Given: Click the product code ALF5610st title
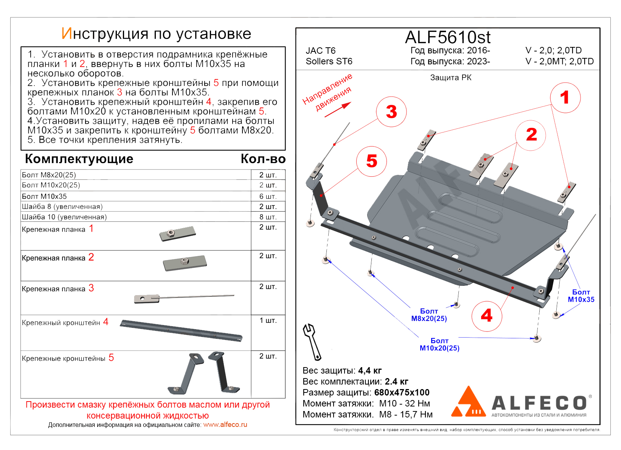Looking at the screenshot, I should tap(447, 37).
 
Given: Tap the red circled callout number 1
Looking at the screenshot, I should tap(565, 98).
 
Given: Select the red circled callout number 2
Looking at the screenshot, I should tap(531, 135).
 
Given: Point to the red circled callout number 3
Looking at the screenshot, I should tap(391, 112).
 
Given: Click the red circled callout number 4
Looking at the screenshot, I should tap(487, 316).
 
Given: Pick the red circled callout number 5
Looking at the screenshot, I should tap(372, 161).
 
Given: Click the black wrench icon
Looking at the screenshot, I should tap(312, 341).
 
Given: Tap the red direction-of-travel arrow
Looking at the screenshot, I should tap(338, 109).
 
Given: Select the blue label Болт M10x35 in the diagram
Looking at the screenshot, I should tap(581, 296).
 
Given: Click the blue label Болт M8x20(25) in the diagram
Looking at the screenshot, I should tap(429, 315).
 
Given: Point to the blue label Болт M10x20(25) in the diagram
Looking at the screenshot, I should tap(439, 344).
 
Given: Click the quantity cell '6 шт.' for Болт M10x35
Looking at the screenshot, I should tap(268, 196).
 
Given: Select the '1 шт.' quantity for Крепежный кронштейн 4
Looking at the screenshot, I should tap(268, 320).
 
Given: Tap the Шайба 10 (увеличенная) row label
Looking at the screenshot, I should tap(64, 217).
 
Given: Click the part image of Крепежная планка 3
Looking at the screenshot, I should tap(184, 298).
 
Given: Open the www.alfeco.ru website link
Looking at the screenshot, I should tap(225, 425).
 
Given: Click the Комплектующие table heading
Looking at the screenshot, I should tap(79, 159).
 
